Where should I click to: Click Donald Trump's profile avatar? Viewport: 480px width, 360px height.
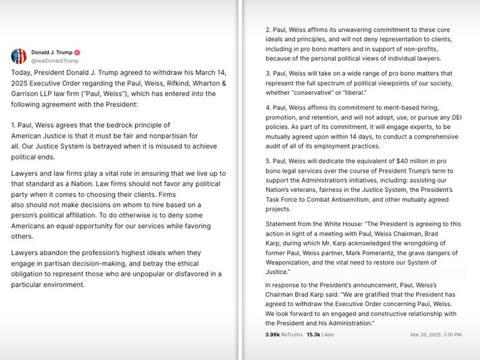pos(19,56)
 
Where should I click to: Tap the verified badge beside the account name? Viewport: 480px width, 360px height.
pos(77,52)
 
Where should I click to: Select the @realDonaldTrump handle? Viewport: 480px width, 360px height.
pos(50,61)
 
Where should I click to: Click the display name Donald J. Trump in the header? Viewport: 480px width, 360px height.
pos(51,52)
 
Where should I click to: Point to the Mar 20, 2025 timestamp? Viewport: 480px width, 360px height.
pos(435,334)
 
